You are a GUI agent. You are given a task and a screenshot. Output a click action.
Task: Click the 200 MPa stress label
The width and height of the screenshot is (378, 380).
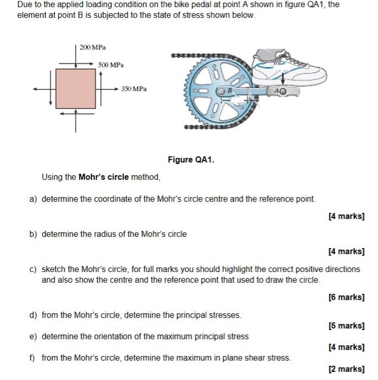point(92,48)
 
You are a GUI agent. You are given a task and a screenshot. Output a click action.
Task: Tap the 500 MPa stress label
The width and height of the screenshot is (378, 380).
point(111,65)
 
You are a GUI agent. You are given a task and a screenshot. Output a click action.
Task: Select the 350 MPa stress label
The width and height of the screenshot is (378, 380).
point(134,88)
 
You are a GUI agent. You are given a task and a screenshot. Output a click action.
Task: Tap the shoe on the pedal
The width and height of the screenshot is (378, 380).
point(291,65)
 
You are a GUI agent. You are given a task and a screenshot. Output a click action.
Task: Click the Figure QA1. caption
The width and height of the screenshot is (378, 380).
point(191,160)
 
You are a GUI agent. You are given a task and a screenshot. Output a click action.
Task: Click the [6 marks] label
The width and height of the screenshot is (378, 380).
point(346,297)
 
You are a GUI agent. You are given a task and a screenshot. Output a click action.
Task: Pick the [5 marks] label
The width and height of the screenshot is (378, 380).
point(346,326)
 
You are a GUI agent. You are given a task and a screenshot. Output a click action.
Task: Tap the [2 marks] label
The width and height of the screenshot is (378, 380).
point(346,369)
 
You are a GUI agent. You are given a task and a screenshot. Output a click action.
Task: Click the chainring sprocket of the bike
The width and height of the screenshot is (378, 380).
point(215,92)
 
